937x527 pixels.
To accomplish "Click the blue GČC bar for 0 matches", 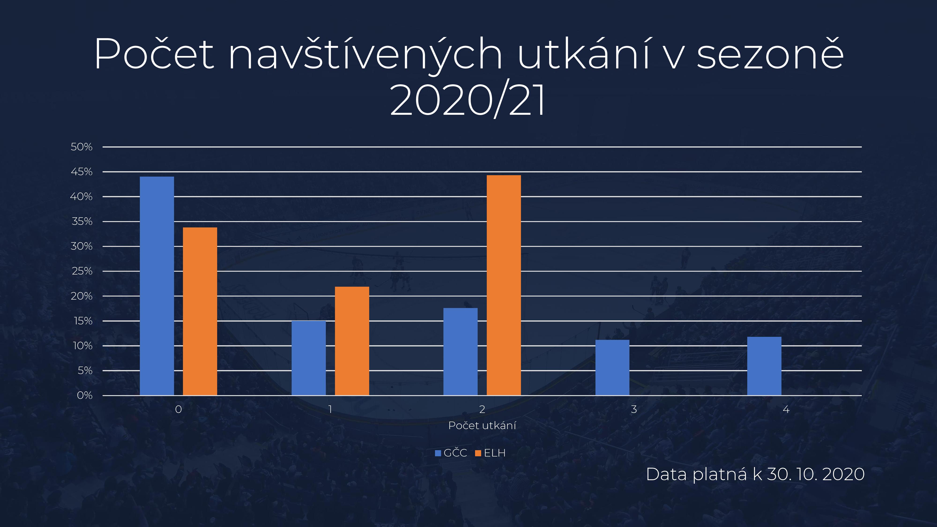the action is [x=157, y=286].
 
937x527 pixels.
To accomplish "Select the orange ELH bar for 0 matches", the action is [x=200, y=311].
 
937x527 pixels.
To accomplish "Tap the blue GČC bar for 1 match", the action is [x=309, y=358].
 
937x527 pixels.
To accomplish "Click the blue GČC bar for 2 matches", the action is [x=461, y=352].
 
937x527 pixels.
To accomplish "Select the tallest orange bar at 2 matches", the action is [x=504, y=285].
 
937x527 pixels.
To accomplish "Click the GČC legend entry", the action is [x=451, y=453].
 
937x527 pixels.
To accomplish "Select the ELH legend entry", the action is [x=490, y=453].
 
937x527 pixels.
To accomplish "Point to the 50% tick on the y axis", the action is [x=82, y=147].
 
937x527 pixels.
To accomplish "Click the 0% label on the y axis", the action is [x=85, y=396].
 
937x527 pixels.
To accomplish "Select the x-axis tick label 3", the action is [x=634, y=409].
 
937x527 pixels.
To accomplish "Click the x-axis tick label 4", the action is [x=786, y=409].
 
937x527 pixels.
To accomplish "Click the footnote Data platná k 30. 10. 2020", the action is [x=755, y=474].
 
